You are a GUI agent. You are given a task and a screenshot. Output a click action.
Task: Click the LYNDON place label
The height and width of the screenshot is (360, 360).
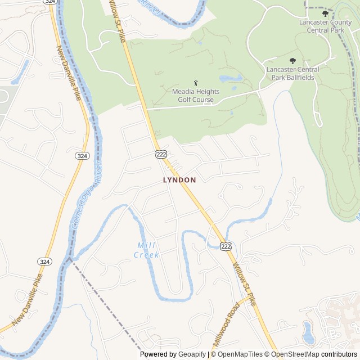click(x=179, y=180)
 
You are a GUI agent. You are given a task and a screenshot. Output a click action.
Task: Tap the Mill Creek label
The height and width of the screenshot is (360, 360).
click(x=147, y=250)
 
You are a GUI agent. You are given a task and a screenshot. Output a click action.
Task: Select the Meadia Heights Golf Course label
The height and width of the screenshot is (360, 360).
click(x=196, y=96)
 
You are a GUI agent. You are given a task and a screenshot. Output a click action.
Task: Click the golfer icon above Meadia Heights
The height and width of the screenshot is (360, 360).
click(x=196, y=83)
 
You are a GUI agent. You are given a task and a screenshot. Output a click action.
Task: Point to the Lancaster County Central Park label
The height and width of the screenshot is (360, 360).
click(x=325, y=26)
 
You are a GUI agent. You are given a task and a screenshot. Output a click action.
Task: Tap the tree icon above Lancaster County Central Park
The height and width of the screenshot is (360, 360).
click(x=325, y=13)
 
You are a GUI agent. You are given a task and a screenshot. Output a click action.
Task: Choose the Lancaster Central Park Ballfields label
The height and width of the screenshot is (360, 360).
click(x=292, y=73)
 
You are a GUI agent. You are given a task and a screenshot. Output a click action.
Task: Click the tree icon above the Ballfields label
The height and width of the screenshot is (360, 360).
click(x=292, y=61)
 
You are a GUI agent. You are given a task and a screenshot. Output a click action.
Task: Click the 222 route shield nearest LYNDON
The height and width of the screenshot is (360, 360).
click(x=161, y=154)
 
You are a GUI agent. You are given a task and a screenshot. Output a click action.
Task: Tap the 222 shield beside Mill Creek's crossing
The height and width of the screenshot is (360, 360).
click(x=226, y=246)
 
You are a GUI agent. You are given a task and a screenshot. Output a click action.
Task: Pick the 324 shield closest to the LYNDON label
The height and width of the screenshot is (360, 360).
click(x=82, y=155)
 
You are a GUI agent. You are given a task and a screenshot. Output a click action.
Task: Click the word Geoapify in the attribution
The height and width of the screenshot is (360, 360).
click(x=192, y=354)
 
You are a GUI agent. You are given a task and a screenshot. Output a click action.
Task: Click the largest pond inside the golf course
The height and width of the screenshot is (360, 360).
click(x=231, y=78)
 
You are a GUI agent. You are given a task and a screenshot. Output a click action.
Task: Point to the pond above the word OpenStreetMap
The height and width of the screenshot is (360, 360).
click(x=308, y=332)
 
